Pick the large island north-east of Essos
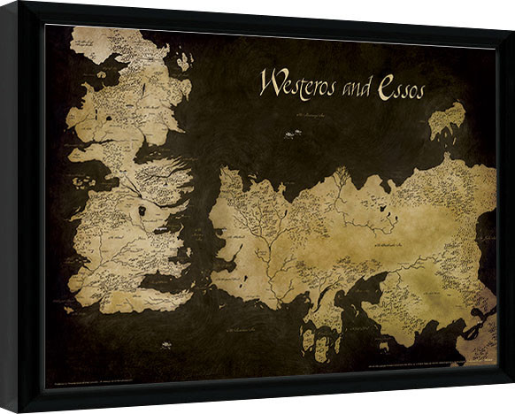447,120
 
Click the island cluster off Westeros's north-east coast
183,61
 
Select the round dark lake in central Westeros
142,212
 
